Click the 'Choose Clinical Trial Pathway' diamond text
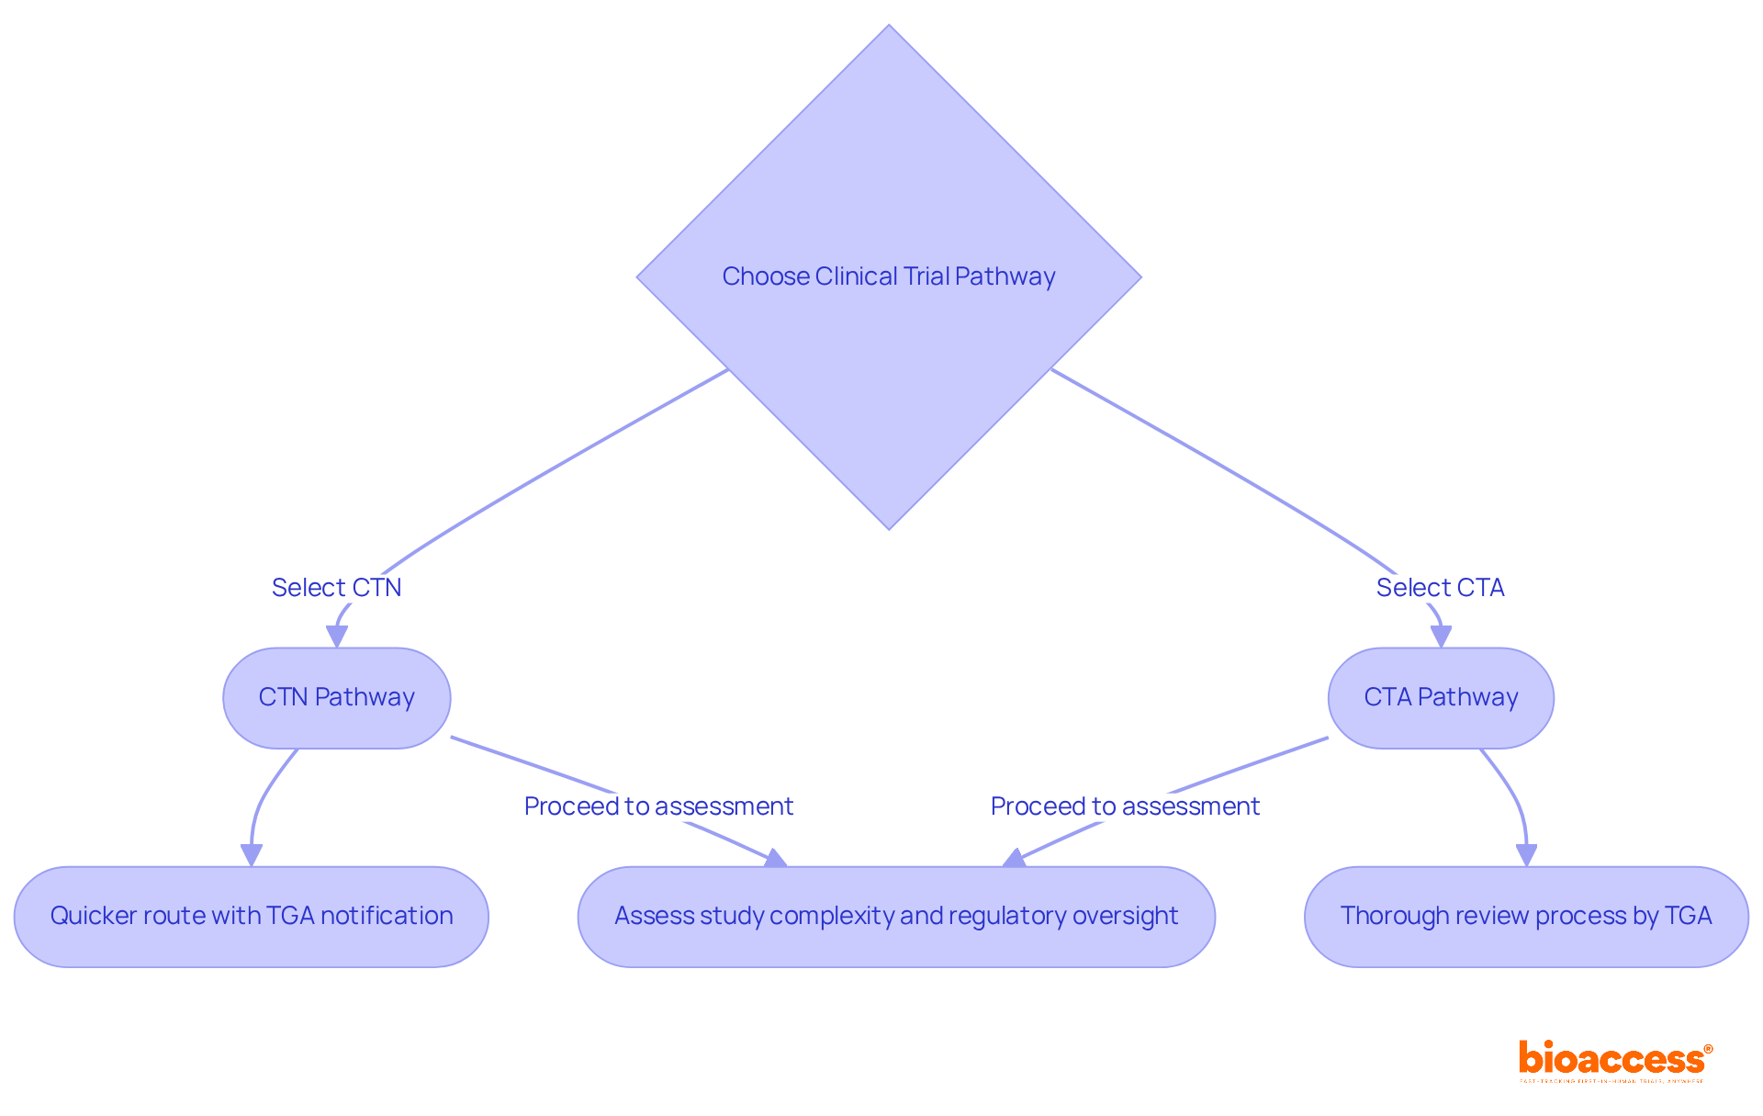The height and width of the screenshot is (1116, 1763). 888,276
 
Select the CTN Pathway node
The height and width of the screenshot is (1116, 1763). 336,698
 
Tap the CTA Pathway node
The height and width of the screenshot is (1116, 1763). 1440,698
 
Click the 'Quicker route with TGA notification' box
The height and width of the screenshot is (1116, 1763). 251,917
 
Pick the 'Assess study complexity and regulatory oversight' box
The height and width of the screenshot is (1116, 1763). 895,917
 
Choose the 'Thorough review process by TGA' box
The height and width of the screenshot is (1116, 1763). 1525,917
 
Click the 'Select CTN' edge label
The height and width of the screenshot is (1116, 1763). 336,588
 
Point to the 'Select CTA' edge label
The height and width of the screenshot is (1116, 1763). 1440,588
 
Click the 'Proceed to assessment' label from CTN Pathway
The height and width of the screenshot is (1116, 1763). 658,806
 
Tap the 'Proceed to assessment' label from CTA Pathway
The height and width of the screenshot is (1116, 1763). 1125,806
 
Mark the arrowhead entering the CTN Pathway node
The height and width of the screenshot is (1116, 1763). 337,637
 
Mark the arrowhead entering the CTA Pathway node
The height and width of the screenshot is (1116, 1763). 1441,637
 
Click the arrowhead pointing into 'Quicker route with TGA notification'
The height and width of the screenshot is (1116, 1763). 251,855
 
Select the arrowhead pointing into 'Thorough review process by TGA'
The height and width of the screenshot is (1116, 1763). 1526,855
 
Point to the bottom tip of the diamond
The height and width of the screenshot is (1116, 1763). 889,526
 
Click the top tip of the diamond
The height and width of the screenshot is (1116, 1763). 889,28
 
